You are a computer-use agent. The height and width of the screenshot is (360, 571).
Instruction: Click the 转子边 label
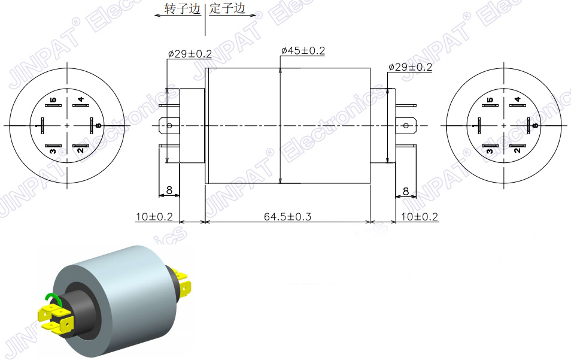183,9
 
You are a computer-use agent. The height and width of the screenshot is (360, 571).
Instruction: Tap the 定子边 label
227,9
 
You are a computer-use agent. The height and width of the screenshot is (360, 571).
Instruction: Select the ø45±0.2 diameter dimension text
303,51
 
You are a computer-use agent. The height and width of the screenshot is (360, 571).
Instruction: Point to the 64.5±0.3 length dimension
287,216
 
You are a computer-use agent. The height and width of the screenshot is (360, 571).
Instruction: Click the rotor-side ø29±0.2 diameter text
190,54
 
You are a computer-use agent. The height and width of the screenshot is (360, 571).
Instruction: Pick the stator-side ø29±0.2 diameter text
410,67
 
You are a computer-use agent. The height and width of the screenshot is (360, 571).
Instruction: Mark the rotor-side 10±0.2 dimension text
154,216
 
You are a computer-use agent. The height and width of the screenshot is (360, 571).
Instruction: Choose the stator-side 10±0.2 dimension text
420,216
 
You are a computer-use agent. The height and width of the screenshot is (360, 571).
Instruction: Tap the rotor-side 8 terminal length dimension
169,190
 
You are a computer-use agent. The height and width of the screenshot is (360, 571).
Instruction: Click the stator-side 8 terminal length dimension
406,191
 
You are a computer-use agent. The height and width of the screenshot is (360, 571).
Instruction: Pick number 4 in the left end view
80,99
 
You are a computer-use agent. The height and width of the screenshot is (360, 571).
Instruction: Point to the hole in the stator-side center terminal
405,126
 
